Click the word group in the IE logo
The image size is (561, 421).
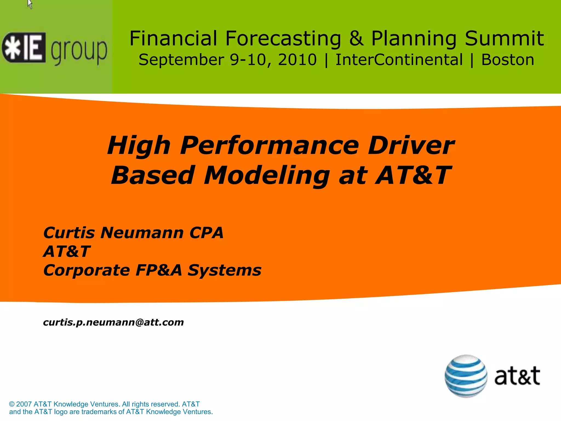click(79, 51)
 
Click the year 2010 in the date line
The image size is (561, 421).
click(297, 60)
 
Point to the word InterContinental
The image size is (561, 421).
click(399, 60)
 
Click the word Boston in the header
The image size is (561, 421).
click(508, 60)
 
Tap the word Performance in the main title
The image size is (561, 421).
click(270, 146)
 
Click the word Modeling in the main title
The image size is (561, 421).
click(267, 175)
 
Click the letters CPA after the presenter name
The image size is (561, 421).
click(206, 233)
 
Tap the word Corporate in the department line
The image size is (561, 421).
click(87, 271)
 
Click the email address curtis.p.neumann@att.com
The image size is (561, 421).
click(113, 322)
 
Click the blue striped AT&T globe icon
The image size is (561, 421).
click(466, 376)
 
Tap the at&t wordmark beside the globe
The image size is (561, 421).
click(517, 376)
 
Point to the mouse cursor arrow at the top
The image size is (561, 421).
click(30, 4)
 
